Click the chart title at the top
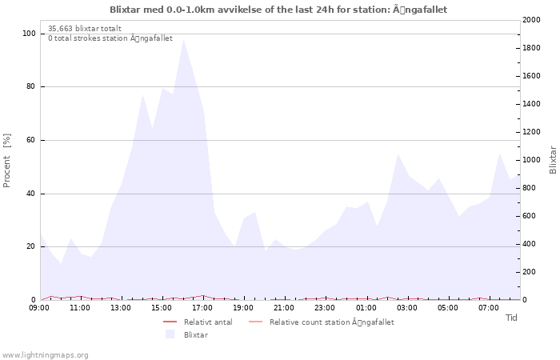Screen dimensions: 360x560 (279, 10)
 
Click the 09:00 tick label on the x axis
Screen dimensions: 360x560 (40, 307)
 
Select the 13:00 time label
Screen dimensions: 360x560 (122, 307)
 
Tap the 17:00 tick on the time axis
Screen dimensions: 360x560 (203, 307)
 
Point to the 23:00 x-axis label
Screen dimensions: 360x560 (326, 307)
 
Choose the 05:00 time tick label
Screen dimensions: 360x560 (448, 307)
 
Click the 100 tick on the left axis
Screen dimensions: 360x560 (29, 34)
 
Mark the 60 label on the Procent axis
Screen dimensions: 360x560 (31, 140)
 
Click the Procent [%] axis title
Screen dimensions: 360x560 (7, 160)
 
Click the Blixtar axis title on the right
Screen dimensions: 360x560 (553, 160)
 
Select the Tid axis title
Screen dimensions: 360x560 (511, 318)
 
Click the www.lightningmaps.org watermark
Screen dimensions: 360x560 (46, 354)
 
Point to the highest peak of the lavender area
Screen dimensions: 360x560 (183, 39)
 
